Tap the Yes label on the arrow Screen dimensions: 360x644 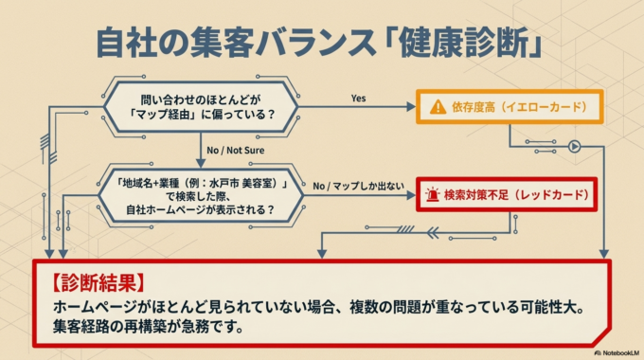pyautogui.click(x=359, y=99)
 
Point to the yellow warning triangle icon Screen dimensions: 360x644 pyautogui.click(x=438, y=107)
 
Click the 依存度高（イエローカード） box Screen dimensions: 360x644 pyautogui.click(x=510, y=107)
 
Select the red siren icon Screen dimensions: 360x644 pyautogui.click(x=433, y=195)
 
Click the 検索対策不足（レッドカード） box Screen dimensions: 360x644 pyautogui.click(x=510, y=195)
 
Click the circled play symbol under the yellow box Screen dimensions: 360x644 pyautogui.click(x=573, y=146)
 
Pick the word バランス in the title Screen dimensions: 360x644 pyautogui.click(x=309, y=43)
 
